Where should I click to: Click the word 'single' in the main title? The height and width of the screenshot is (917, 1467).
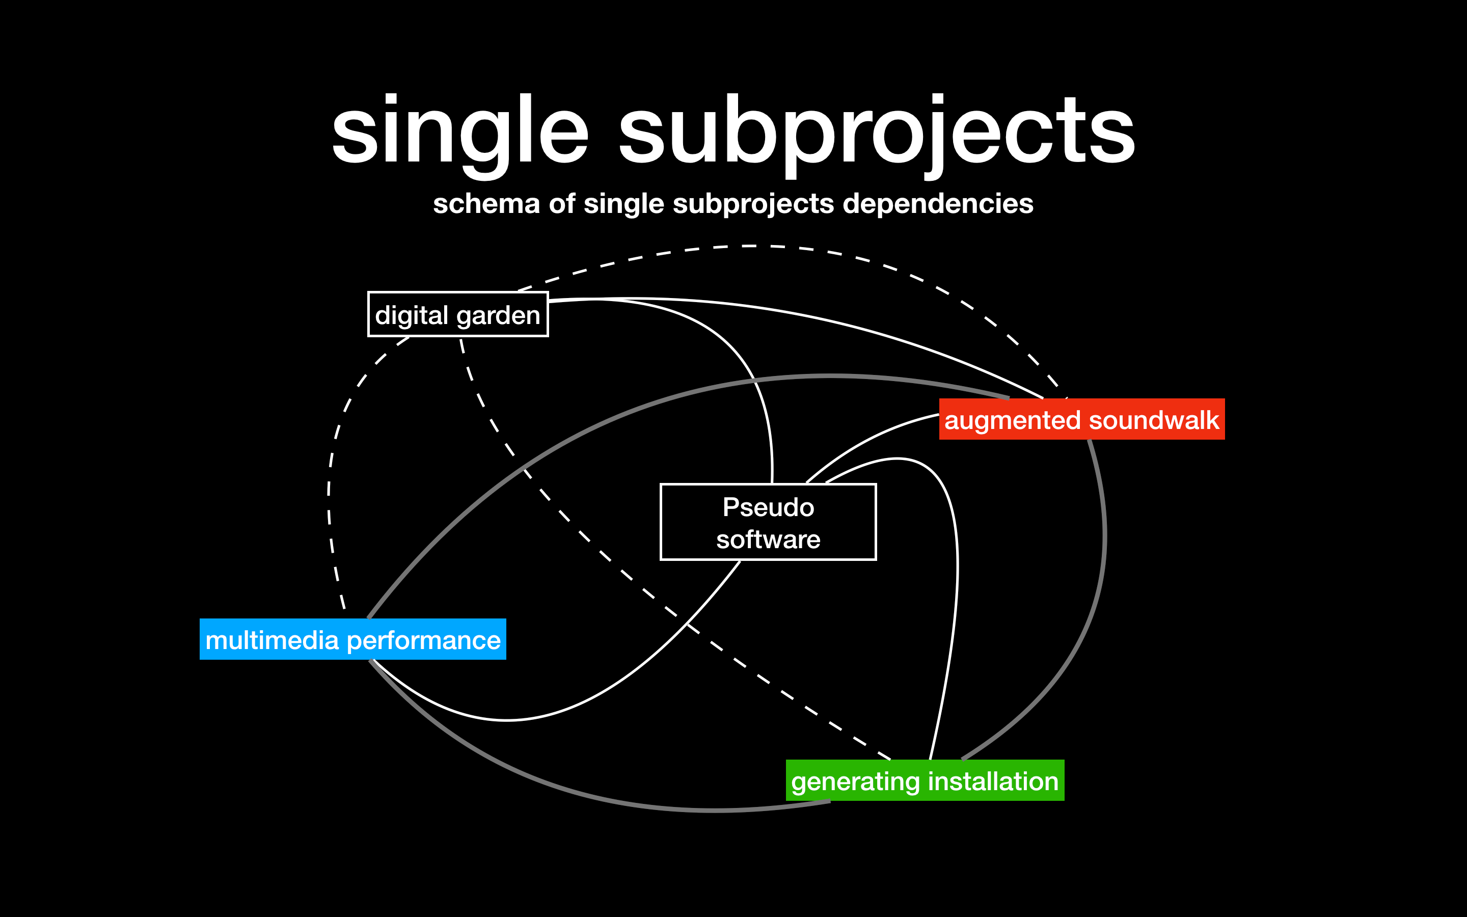[x=459, y=130]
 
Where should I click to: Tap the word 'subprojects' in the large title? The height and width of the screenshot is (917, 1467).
[x=876, y=130]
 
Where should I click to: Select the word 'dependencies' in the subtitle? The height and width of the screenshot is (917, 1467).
[x=938, y=204]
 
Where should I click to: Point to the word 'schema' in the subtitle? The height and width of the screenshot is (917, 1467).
[x=485, y=204]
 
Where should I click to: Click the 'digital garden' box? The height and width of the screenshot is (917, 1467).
[x=458, y=315]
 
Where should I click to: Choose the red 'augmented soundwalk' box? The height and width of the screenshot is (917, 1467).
[x=1081, y=420]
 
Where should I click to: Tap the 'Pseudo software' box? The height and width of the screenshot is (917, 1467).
[x=768, y=522]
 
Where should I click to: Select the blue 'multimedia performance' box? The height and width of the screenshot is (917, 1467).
[x=353, y=640]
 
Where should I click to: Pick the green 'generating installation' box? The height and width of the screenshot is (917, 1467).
[x=925, y=780]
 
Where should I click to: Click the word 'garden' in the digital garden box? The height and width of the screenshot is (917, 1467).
[x=498, y=316]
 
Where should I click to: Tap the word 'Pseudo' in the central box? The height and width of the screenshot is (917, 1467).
[x=768, y=507]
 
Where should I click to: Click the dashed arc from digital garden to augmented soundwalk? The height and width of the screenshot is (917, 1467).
[x=752, y=246]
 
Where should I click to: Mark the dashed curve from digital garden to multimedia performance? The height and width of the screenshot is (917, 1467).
[x=329, y=485]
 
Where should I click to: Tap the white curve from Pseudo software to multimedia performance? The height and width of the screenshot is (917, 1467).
[x=606, y=691]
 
